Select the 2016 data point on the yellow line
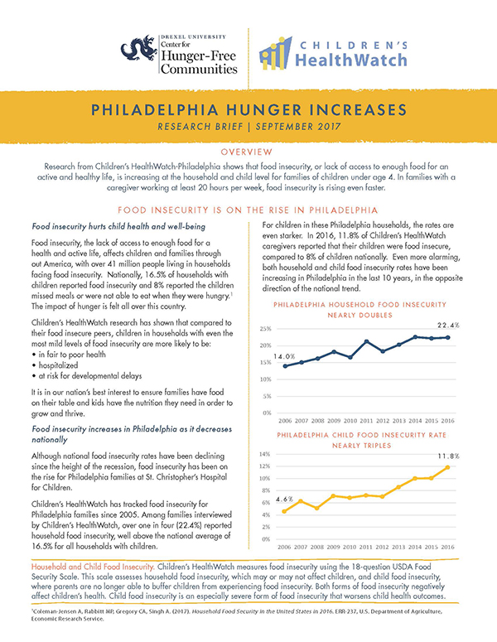448,468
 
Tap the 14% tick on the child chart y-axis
267,454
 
